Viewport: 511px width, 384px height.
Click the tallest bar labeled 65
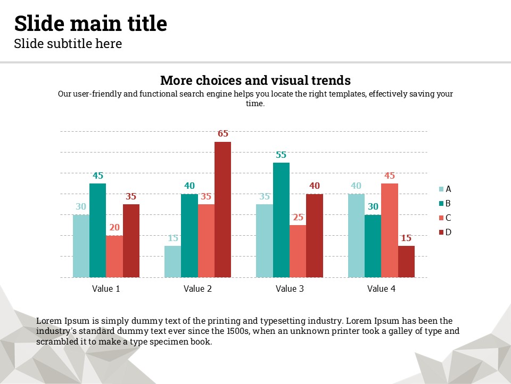point(222,210)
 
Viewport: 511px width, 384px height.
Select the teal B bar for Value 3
point(281,220)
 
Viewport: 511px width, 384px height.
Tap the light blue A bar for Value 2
point(172,261)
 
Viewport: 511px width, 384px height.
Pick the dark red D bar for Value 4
point(406,261)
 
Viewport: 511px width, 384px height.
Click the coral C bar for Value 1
point(114,257)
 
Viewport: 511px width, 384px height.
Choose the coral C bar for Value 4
point(390,230)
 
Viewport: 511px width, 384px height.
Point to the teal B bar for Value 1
point(98,230)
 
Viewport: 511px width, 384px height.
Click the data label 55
point(281,155)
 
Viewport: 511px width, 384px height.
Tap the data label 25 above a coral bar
point(298,218)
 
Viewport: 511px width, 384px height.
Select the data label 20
point(114,228)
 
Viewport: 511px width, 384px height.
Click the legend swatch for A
point(441,189)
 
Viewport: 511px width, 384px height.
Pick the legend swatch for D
point(441,232)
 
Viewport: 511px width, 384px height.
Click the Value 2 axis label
point(197,289)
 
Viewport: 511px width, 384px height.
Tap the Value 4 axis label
point(382,289)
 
